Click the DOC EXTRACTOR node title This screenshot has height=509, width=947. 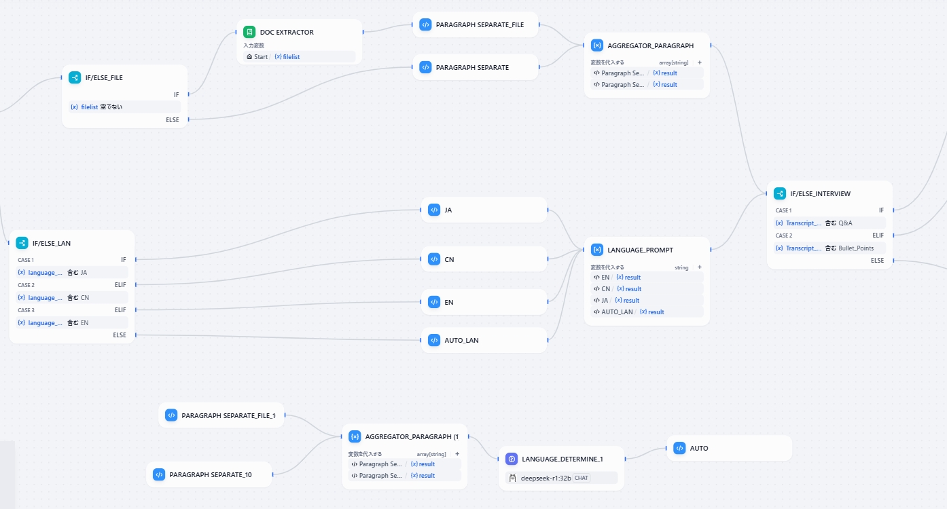287,32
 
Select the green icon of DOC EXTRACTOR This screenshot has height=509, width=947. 249,32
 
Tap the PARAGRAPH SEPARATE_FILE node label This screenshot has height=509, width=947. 480,24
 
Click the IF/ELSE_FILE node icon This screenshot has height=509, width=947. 75,77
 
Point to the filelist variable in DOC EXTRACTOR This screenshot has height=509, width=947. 291,57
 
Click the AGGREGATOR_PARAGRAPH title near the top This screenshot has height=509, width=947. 650,45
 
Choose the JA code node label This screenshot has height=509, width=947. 448,210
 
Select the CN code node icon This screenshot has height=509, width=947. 434,259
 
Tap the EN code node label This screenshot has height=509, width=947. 448,302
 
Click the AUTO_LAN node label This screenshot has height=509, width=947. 461,340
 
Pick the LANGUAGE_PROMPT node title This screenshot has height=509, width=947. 640,250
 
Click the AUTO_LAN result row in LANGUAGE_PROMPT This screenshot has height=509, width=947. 628,312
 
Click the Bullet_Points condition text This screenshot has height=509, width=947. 856,248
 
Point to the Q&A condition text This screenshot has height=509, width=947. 845,223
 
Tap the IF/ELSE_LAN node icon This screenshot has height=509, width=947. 22,243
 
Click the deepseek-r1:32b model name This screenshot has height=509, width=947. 546,478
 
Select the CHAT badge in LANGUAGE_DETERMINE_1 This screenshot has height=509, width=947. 581,478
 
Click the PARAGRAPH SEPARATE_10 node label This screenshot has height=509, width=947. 210,474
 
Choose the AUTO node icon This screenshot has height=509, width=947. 679,448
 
